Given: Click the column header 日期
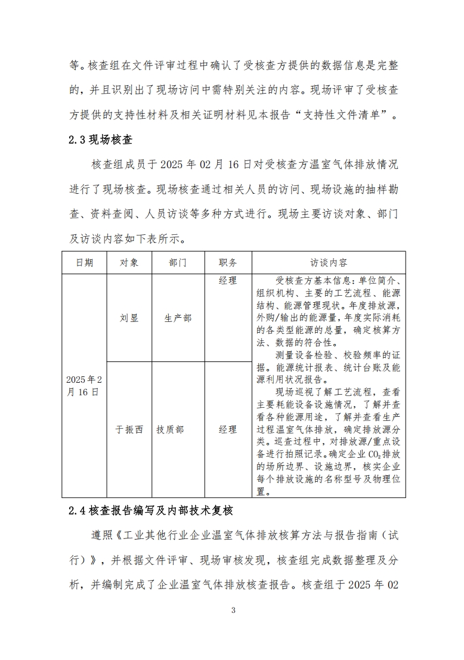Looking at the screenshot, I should (84, 262).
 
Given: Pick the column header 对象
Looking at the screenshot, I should (129, 262).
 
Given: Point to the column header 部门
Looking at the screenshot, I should (178, 262).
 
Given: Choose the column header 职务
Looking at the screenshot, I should (228, 262).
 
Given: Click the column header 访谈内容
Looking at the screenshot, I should (329, 262).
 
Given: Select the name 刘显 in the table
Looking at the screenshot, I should (129, 318).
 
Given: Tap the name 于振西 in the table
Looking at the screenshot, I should (129, 429).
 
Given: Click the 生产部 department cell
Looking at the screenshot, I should (178, 318).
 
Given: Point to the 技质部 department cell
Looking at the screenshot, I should (170, 429).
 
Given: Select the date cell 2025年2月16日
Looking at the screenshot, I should (84, 386).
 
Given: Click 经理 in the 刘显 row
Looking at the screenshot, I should (228, 280).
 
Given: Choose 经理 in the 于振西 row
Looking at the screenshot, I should (228, 429).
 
